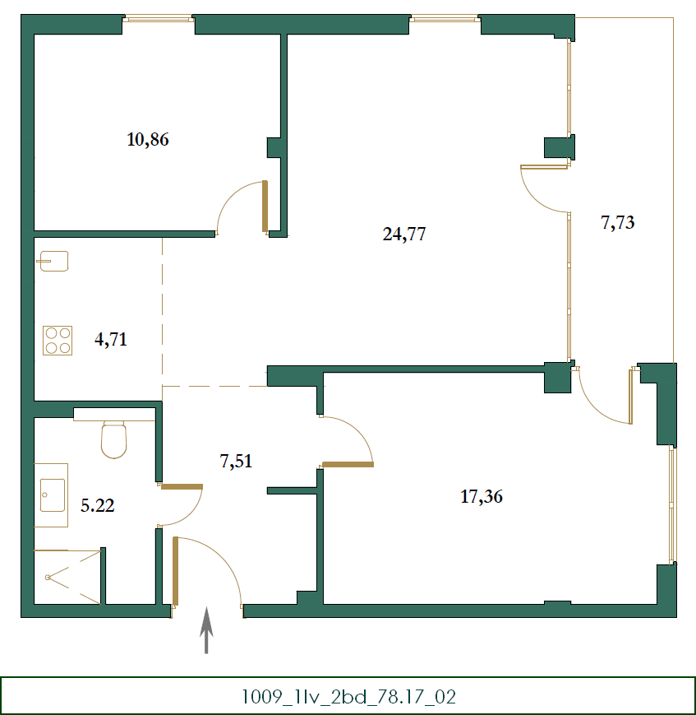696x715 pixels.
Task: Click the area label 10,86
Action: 148,139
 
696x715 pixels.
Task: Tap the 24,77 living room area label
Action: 404,234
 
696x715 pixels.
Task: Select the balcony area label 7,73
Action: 618,222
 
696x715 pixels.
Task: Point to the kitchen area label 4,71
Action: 111,339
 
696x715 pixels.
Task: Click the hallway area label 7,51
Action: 236,461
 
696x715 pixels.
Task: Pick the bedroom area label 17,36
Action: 482,496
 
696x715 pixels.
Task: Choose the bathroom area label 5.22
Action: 97,506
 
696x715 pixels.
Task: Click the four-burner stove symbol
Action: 58,340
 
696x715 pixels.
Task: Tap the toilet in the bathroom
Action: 113,439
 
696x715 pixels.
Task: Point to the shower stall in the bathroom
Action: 67,577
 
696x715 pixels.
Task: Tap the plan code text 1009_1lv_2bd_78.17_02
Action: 348,697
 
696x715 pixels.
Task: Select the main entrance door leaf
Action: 176,570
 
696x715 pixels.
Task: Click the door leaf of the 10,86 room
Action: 265,206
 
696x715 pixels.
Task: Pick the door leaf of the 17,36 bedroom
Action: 348,465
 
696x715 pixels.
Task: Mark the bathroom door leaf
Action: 182,487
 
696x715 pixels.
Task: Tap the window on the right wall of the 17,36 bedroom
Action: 672,504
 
